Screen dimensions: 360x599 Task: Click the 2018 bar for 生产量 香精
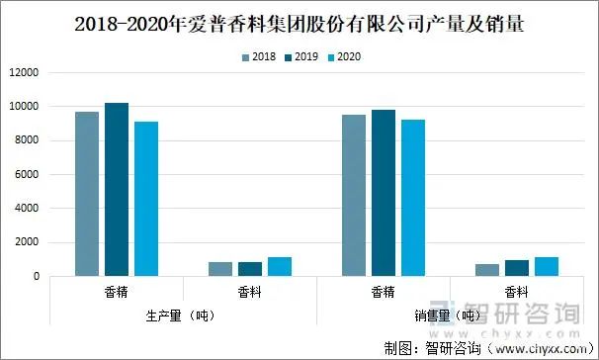point(87,194)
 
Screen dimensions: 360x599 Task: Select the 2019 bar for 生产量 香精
point(117,189)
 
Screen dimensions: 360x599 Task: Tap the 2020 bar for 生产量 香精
point(146,199)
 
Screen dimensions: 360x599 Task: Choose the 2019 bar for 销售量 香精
point(384,193)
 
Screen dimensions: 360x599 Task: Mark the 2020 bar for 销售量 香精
point(413,198)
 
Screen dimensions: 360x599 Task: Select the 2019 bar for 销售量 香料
point(517,268)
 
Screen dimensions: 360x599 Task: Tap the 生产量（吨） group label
point(182,315)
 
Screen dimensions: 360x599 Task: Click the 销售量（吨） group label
point(449,315)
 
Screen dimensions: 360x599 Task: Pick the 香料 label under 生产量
point(250,293)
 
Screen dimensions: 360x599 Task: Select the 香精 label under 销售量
point(384,293)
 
